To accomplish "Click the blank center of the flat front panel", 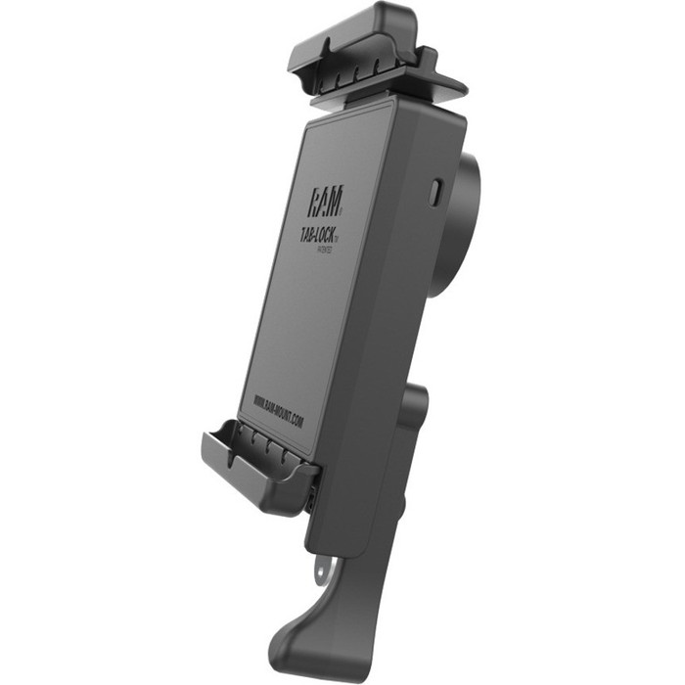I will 313,313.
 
